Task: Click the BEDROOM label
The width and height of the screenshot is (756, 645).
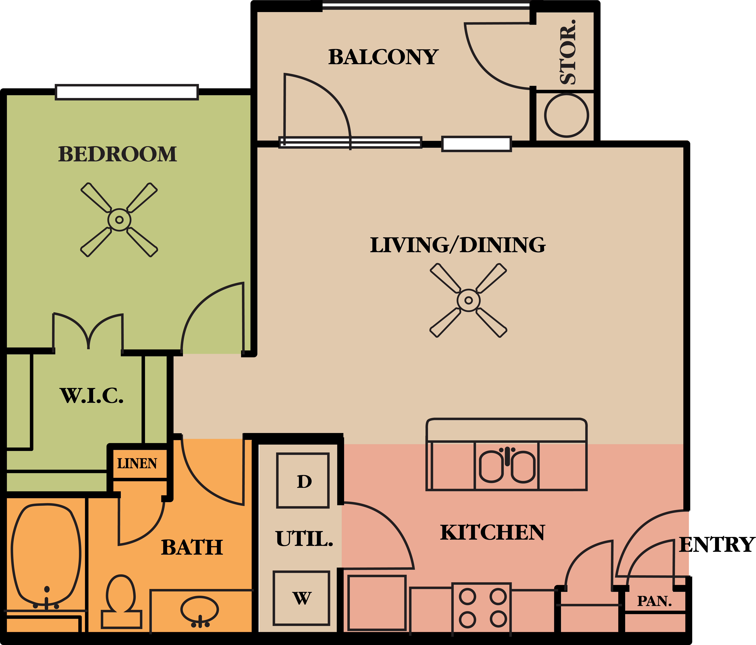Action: pos(118,154)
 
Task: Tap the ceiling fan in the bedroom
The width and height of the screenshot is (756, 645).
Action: pos(119,220)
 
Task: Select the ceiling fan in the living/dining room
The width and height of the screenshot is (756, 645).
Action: pos(468,300)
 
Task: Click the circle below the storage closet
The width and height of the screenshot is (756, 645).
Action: pos(566,115)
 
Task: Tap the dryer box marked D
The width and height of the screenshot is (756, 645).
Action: pos(303,481)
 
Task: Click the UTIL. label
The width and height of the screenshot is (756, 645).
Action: pos(304,539)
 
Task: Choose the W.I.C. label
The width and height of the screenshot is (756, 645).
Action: pos(92,396)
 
